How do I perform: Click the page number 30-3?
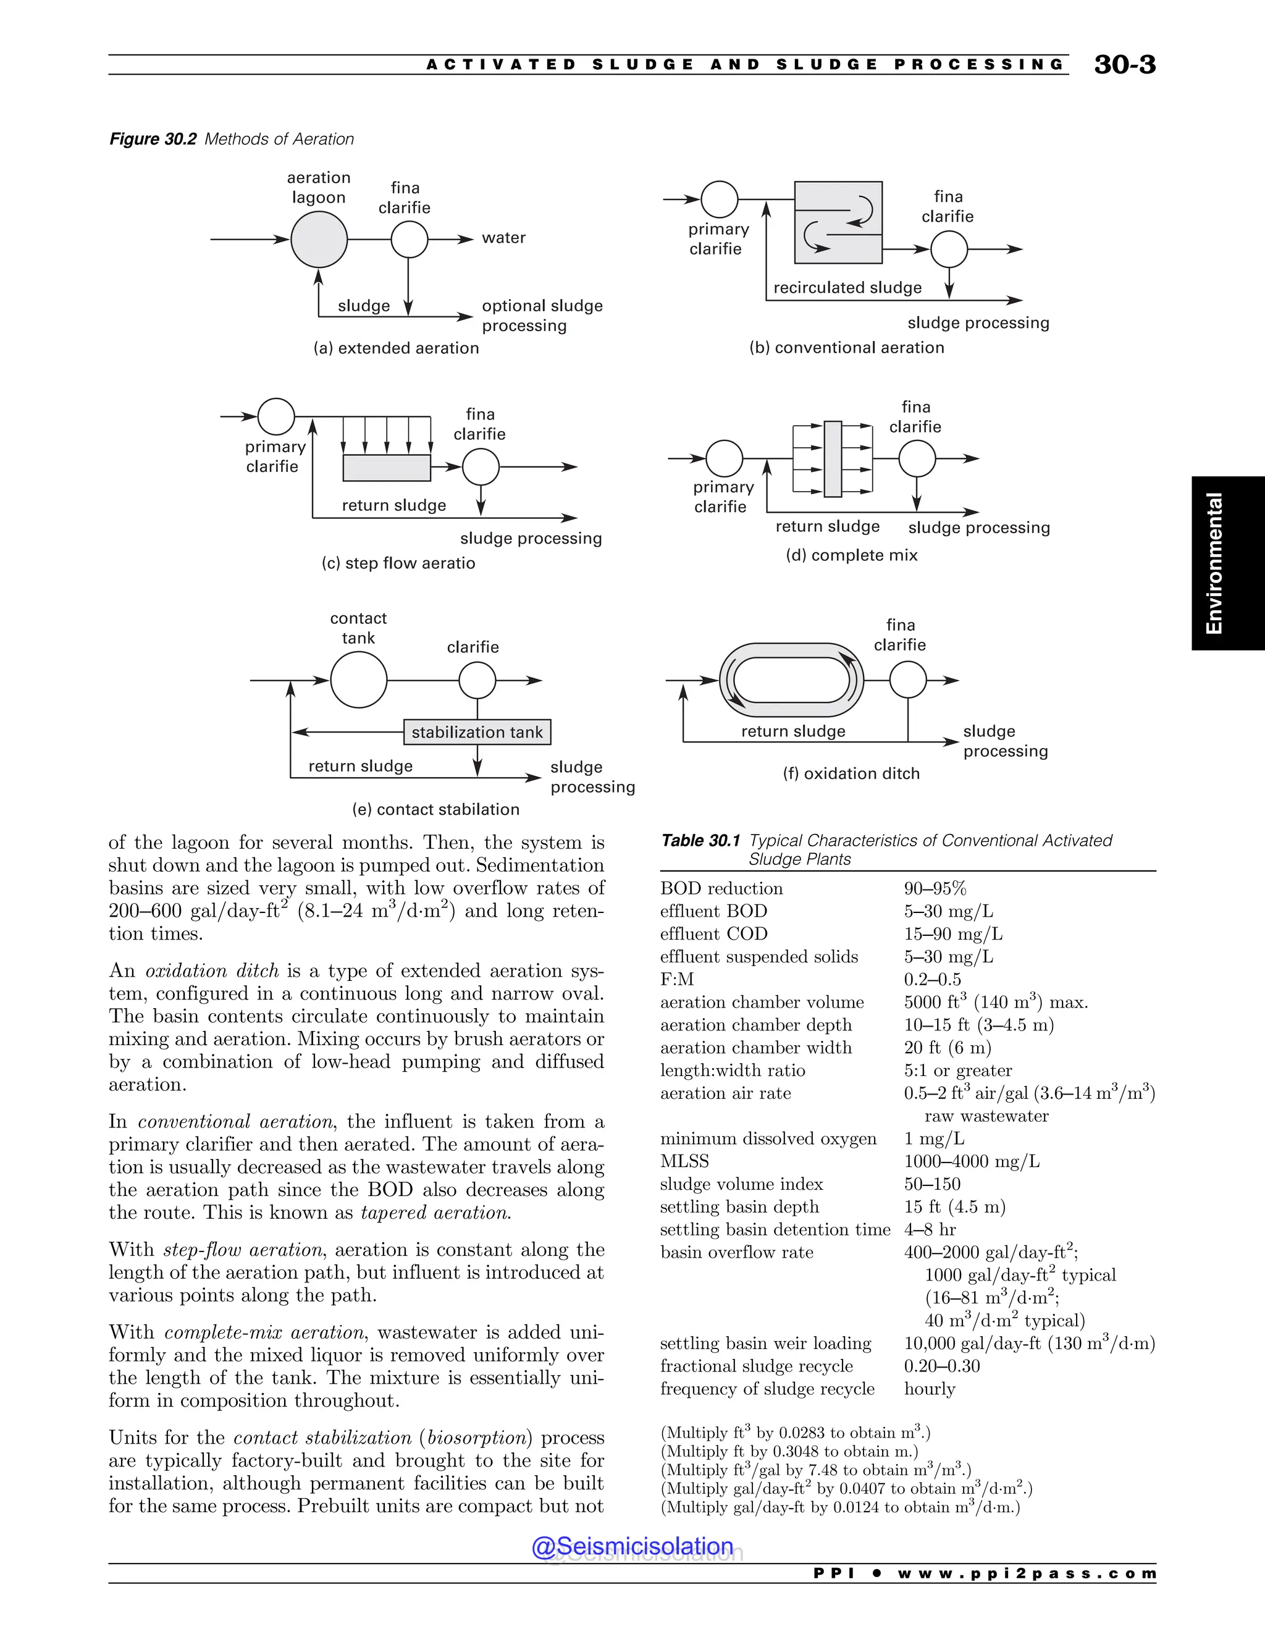pos(1124,64)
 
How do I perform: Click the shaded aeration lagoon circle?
pos(319,239)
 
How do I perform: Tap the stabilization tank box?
pos(477,731)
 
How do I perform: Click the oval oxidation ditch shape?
pos(791,681)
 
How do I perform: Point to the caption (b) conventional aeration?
pos(847,348)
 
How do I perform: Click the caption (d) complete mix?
pos(851,555)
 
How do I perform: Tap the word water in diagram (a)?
pos(503,238)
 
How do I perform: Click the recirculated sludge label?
pos(847,288)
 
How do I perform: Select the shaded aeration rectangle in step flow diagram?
pos(387,468)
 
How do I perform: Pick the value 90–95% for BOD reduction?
pos(935,888)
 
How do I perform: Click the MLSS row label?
pos(684,1161)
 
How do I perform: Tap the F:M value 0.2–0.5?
pos(932,980)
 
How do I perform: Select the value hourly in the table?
pos(929,1389)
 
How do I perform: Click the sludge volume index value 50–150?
pos(932,1184)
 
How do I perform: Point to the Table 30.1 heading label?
pos(700,841)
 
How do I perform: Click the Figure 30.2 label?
pos(153,140)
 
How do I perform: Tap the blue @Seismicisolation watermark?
pos(632,1546)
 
